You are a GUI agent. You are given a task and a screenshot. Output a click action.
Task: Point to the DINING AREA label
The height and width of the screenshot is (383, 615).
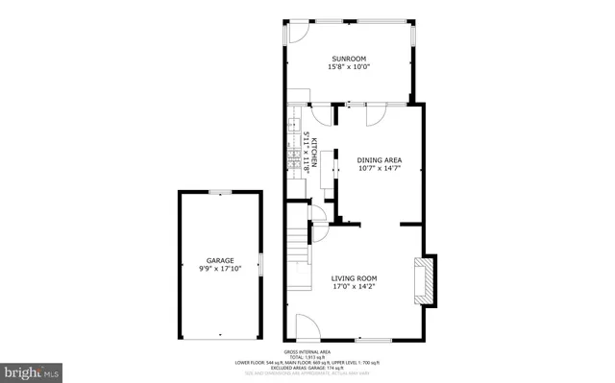click(x=379, y=160)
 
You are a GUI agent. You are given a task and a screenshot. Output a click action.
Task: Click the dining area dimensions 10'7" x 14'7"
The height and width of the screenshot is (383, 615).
click(x=379, y=169)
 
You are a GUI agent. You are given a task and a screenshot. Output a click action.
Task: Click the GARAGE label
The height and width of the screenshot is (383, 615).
click(x=220, y=260)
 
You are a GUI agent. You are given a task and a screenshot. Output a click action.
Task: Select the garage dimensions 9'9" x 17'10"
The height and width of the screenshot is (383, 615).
click(x=220, y=269)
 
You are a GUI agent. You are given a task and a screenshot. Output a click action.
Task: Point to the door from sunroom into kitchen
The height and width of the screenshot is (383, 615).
click(x=318, y=114)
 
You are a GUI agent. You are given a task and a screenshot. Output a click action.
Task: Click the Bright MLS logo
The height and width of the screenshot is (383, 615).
click(x=32, y=370)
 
